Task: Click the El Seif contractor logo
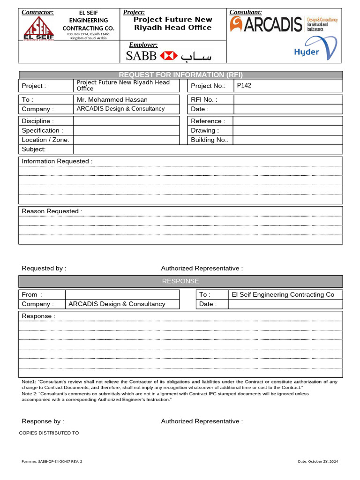[38, 28]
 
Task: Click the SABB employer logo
[169, 56]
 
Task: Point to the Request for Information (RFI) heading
[180, 75]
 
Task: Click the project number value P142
[244, 85]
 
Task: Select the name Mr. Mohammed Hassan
[112, 99]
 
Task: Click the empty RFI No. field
[288, 99]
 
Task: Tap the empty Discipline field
[126, 121]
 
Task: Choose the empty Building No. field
[287, 140]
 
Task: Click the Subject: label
[34, 149]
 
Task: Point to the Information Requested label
[57, 161]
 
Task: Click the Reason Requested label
[52, 211]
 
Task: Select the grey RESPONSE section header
[180, 281]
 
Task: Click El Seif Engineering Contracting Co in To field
[283, 294]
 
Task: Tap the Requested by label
[44, 268]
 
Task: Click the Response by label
[43, 421]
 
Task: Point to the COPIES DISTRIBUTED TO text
[49, 433]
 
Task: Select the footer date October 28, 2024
[318, 461]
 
